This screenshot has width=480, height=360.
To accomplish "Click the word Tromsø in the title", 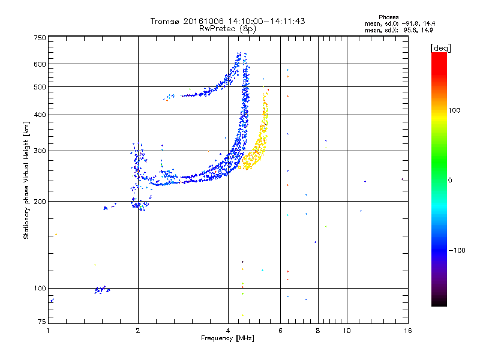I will pos(163,21).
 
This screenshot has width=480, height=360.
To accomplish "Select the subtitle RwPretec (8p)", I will pos(228,28).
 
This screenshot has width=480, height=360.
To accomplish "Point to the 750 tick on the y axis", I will pos(40,38).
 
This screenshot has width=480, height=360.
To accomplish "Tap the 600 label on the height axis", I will pos(40,64).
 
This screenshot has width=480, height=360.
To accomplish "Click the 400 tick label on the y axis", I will pos(40,115).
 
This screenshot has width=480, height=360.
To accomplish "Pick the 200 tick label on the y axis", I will pos(40,201).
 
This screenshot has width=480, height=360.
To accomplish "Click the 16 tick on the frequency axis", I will pos(407,331).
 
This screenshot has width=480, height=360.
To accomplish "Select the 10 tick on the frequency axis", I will pos(347,331).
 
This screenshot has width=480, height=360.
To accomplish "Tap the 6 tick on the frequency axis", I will pos(281,331).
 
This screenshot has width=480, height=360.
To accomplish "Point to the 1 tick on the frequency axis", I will pos(48,331).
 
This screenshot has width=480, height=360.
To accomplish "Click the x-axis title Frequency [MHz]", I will pos(227,339).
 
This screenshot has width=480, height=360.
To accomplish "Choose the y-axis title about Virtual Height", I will pos(26,181).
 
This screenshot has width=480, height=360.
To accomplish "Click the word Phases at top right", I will pos(388,17).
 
